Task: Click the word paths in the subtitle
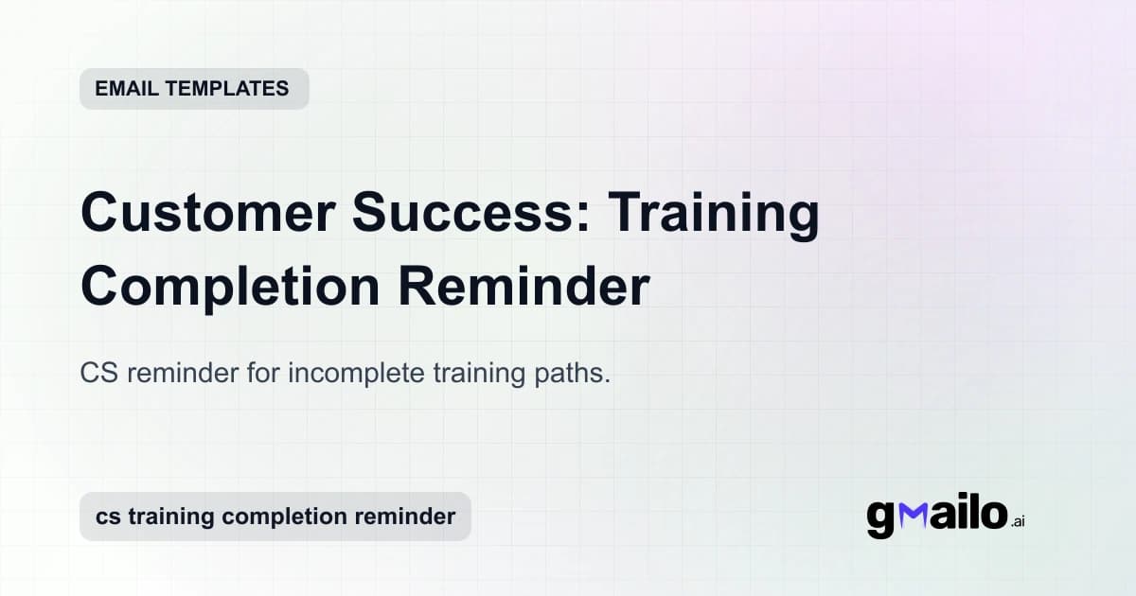point(578,374)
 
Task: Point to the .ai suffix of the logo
point(1017,520)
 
